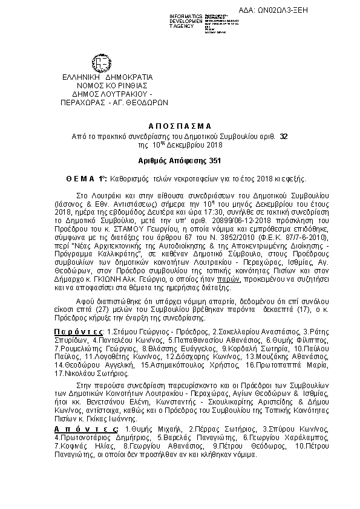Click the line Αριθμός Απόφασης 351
[180, 161]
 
